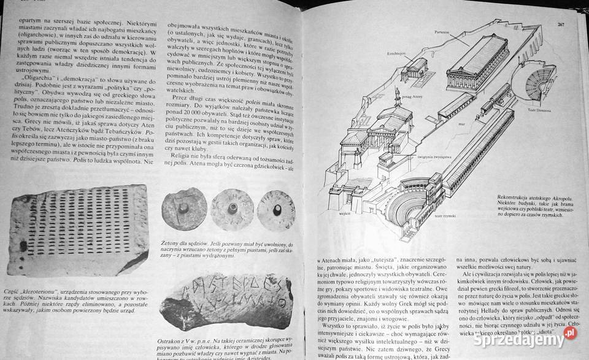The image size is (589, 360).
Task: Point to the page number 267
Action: pos(562,25)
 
